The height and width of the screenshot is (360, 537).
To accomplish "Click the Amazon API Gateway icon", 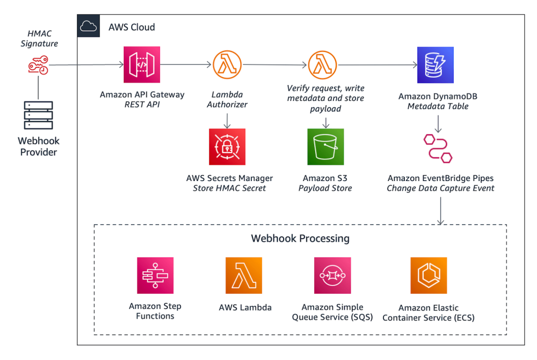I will coord(142,65).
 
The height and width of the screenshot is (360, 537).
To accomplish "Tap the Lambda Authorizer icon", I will coord(227,65).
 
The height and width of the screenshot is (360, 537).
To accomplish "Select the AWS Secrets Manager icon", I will coord(227,147).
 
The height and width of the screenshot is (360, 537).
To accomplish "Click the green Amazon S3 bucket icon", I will coord(325,147).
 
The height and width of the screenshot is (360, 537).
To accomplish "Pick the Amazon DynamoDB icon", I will coord(435,65).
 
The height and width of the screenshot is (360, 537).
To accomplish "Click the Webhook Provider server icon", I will coord(39,115).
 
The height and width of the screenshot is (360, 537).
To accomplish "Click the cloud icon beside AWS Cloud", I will coord(89,26).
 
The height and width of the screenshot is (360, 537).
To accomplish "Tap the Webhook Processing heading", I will coord(300,238).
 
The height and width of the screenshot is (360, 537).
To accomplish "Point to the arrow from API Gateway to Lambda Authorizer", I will coord(186,65).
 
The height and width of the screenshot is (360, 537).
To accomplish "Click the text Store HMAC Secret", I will coord(229,188).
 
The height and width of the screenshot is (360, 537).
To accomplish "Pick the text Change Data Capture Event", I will coord(441,188).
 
